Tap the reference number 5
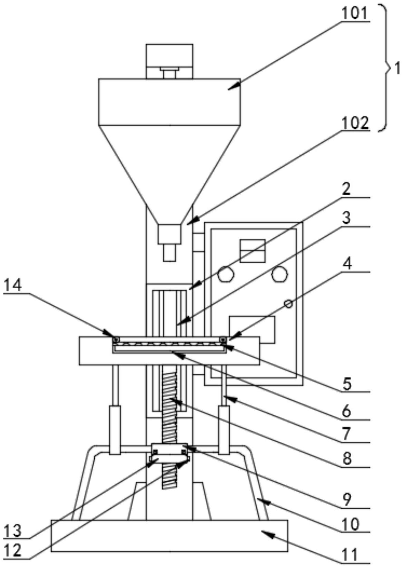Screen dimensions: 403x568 [x=347, y=384]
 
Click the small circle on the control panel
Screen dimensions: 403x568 [x=289, y=304]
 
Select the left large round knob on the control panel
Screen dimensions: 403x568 [x=226, y=274]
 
